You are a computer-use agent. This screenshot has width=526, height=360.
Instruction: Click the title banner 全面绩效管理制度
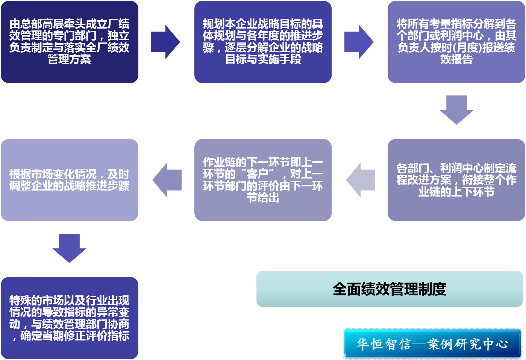click(390, 289)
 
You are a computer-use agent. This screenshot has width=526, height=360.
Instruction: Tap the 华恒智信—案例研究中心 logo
click(432, 343)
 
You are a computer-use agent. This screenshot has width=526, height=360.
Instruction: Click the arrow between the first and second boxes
click(165, 42)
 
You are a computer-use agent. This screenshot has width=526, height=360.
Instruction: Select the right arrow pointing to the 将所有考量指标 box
click(359, 42)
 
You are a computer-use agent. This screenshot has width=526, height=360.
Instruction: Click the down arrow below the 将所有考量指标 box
click(456, 109)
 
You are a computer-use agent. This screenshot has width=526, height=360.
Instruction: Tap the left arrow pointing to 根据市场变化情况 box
click(167, 180)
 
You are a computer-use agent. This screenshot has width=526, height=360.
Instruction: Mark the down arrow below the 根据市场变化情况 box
click(70, 248)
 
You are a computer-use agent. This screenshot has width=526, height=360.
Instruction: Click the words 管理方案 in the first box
click(70, 59)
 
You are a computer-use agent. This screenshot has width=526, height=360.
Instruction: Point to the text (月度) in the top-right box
click(464, 48)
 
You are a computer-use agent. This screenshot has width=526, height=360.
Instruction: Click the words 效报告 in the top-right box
click(456, 59)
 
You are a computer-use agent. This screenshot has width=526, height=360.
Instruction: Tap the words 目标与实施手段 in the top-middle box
click(263, 59)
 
